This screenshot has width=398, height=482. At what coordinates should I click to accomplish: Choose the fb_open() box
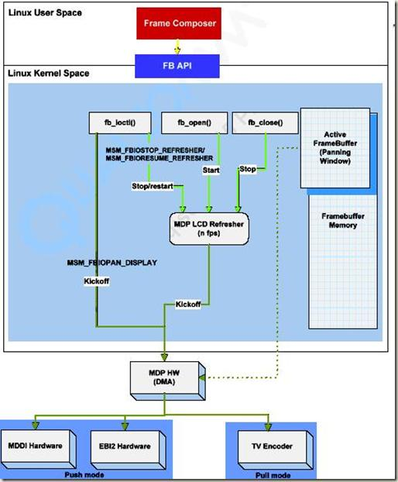tap(194, 123)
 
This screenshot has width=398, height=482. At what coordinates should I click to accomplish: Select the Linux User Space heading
tap(44, 13)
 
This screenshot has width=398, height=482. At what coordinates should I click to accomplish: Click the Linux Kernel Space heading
tap(48, 74)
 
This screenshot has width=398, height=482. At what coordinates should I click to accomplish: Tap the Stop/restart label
tap(152, 186)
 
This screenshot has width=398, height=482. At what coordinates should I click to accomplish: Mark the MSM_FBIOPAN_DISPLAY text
tap(112, 263)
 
